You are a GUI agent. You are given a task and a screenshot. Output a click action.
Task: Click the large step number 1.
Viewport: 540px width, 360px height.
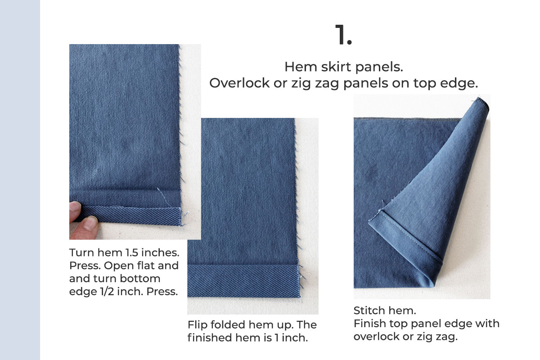click(x=343, y=35)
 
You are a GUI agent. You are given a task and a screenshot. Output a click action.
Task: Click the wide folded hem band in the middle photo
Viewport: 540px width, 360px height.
click(x=243, y=280)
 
